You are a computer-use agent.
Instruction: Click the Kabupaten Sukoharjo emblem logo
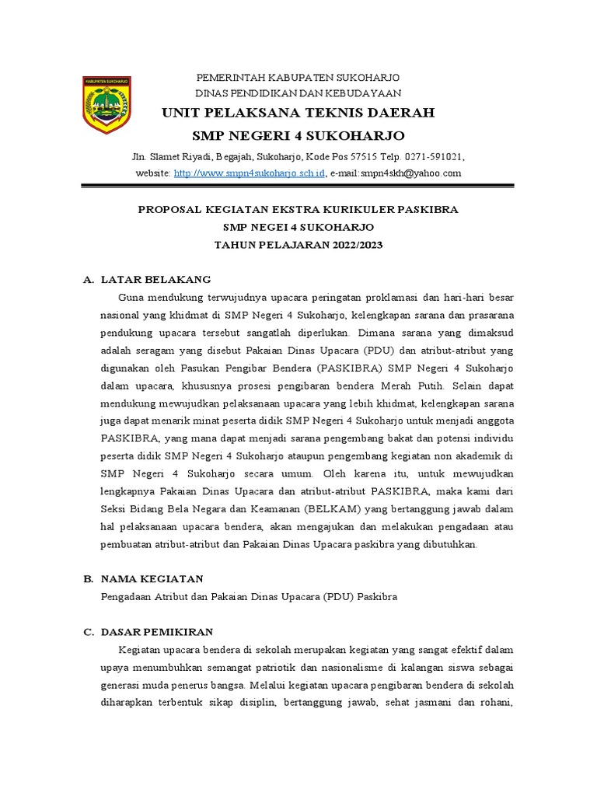pos(106,104)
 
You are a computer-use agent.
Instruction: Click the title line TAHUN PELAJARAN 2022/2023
pos(298,244)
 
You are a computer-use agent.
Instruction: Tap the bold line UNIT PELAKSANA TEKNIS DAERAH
pos(298,113)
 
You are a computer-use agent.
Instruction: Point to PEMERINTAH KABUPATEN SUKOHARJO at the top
pos(298,79)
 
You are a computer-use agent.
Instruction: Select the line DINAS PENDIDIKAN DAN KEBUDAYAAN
pos(298,93)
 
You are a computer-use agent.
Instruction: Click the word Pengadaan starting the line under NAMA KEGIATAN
pos(126,597)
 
